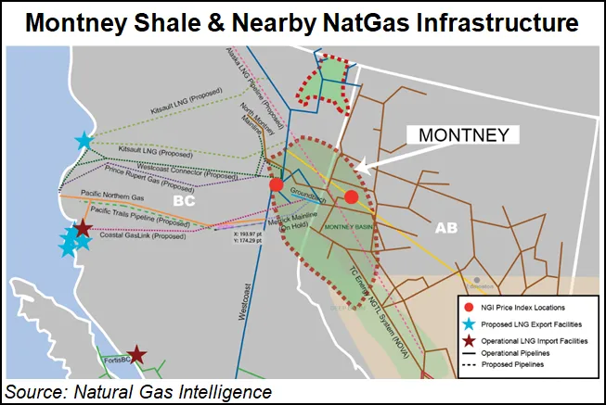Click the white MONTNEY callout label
click(463, 135)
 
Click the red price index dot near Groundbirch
click(276, 185)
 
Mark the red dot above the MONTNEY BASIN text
click(351, 196)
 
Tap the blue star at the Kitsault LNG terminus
click(84, 141)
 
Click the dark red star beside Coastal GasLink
click(83, 228)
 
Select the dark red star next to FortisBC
click(136, 353)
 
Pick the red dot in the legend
click(469, 306)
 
